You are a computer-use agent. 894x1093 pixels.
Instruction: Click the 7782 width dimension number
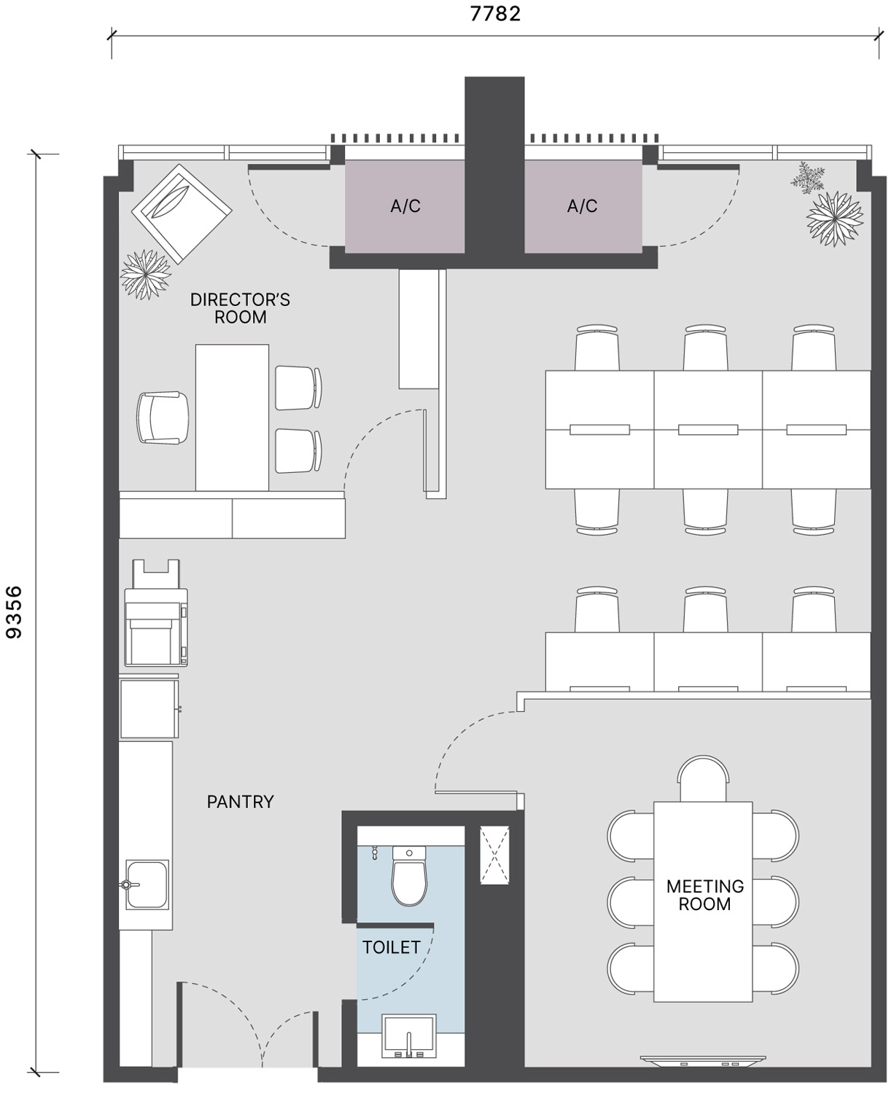click(495, 14)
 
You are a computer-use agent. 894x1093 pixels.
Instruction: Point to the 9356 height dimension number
click(14, 612)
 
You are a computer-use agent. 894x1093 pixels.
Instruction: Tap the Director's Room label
click(240, 307)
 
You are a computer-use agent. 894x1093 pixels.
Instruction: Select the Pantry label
click(240, 802)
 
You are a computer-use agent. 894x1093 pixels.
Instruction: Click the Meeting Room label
click(704, 895)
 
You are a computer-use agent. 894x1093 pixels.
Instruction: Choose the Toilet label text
click(392, 947)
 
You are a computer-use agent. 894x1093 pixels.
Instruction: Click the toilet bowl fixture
click(409, 877)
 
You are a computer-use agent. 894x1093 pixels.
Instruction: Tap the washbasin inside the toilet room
click(409, 1036)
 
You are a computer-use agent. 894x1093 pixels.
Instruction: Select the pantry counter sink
click(147, 885)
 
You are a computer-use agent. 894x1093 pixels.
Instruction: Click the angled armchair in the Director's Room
click(182, 213)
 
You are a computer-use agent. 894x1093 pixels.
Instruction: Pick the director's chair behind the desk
click(163, 418)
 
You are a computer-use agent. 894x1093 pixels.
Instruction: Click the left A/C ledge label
click(405, 206)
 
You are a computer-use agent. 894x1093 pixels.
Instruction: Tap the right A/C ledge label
click(583, 206)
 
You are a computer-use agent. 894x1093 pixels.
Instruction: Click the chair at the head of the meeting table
click(703, 779)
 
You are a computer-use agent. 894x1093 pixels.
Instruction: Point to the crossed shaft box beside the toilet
click(494, 855)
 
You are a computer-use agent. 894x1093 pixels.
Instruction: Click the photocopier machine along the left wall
click(156, 613)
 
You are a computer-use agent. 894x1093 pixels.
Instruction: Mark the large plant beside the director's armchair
click(146, 274)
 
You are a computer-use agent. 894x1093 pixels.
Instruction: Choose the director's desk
click(233, 418)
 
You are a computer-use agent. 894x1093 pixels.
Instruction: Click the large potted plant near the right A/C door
click(835, 218)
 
